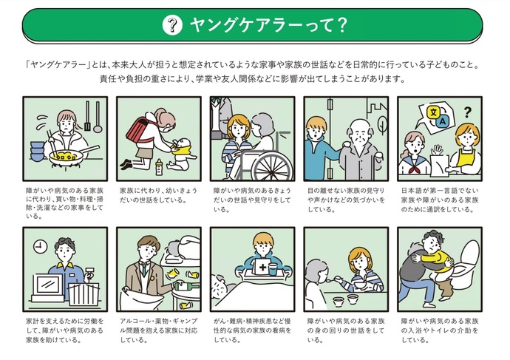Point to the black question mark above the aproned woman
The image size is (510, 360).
coord(467,113)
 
